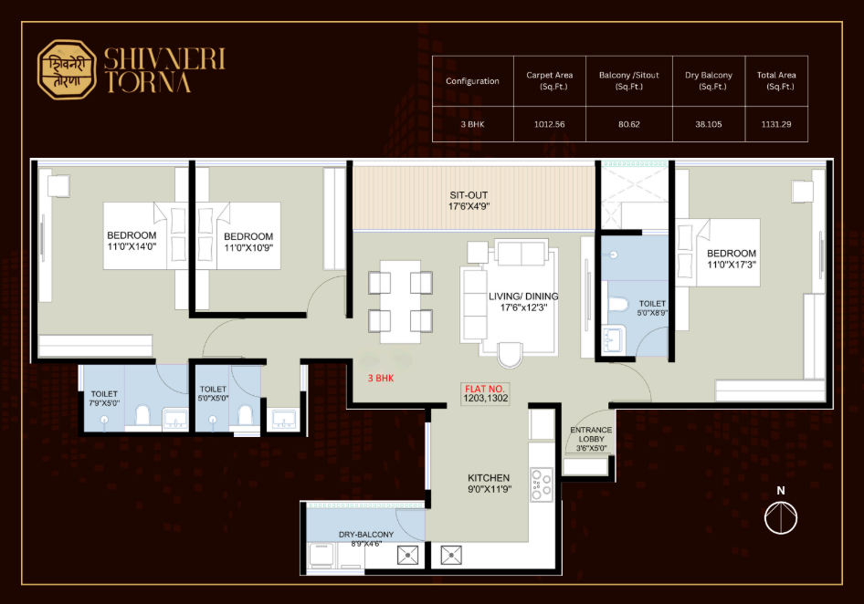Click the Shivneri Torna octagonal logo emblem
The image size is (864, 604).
click(67, 69)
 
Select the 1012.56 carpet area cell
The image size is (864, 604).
click(550, 124)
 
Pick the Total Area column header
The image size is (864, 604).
click(776, 80)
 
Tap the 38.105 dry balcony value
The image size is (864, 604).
click(709, 124)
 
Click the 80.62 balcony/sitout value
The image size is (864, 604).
click(628, 124)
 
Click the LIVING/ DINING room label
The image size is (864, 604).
click(523, 302)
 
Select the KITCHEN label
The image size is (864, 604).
click(489, 483)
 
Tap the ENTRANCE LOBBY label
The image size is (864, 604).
click(591, 439)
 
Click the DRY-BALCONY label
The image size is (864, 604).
click(366, 538)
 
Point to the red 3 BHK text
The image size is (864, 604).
click(381, 379)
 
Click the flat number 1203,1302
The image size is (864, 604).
click(486, 398)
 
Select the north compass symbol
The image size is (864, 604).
click(781, 511)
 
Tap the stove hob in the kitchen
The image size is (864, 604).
click(541, 484)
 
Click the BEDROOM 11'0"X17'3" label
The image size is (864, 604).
click(732, 259)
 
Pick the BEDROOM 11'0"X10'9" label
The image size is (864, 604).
click(248, 242)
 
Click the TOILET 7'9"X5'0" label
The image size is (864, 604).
click(104, 398)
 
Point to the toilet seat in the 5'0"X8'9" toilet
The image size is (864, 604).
click(618, 305)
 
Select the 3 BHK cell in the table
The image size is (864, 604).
click(472, 124)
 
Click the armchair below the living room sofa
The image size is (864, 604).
click(509, 355)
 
